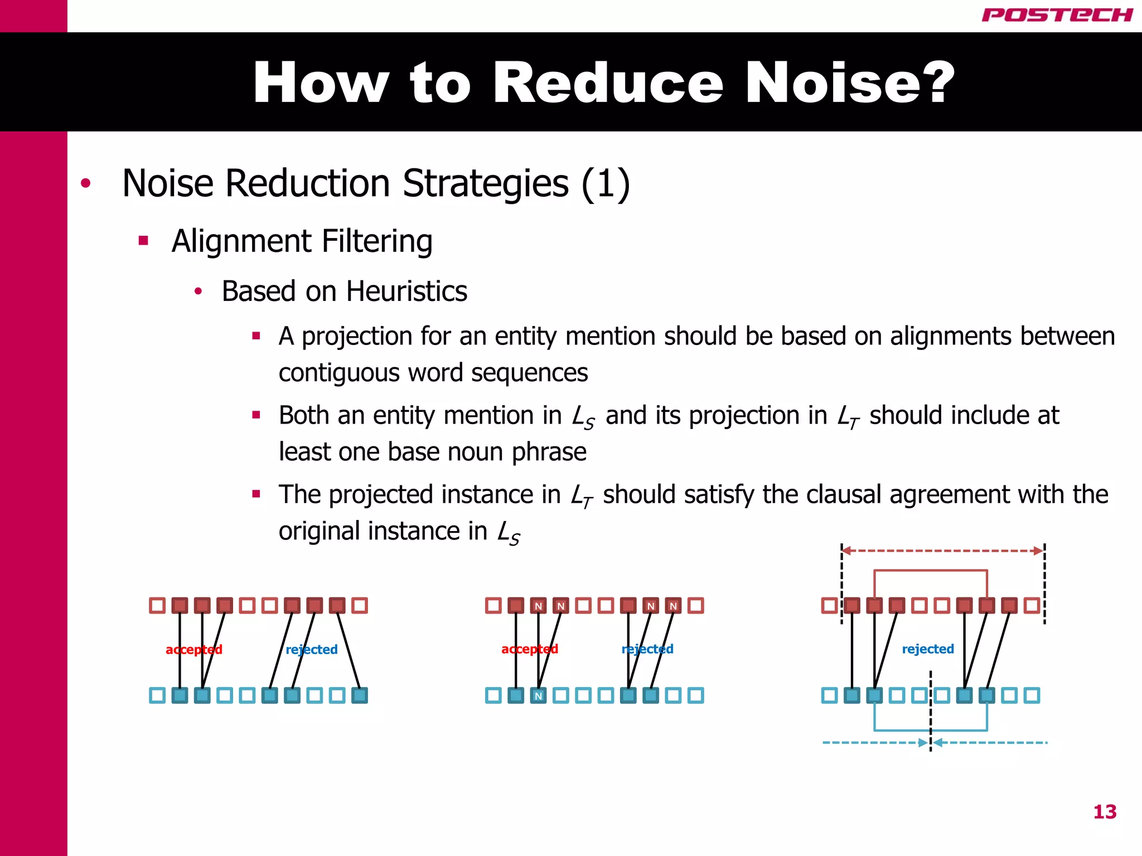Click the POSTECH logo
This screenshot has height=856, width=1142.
[x=1057, y=15]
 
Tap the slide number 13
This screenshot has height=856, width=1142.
[x=1105, y=811]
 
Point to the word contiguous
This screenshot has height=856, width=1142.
[x=339, y=373]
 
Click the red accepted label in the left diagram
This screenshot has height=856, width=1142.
[x=194, y=649]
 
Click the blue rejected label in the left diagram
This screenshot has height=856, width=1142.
[x=312, y=649]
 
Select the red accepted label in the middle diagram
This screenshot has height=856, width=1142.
[x=530, y=649]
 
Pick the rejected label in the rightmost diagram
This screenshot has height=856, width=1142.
[x=928, y=649]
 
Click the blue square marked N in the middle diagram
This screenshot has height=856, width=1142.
[x=538, y=695]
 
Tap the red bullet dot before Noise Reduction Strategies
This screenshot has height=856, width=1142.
[x=85, y=183]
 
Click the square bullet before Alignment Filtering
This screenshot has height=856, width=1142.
[x=143, y=241]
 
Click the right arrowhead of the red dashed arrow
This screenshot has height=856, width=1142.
[x=1038, y=551]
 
